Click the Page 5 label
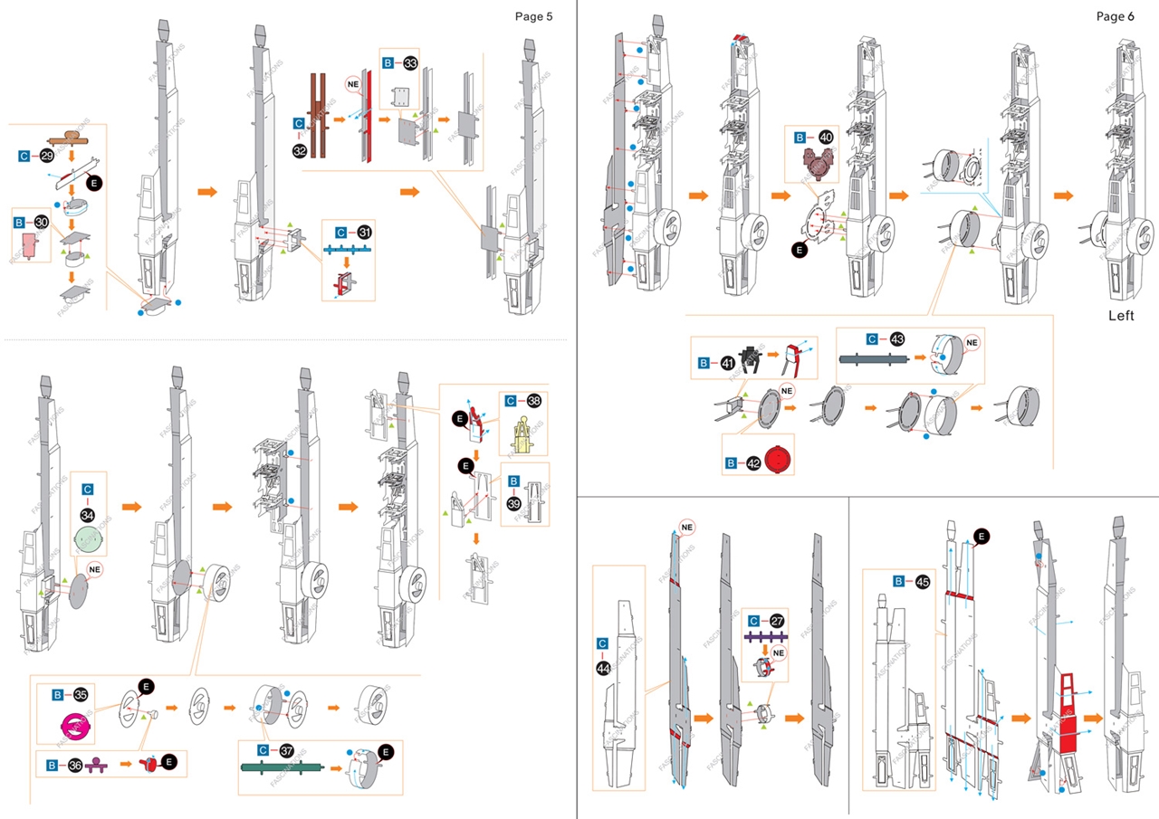tap(533, 15)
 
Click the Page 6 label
tap(1115, 15)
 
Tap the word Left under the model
tap(1121, 316)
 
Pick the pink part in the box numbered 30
tap(31, 243)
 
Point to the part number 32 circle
tap(299, 149)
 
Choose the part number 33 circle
tap(410, 63)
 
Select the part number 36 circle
tap(76, 766)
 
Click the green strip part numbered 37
tap(281, 768)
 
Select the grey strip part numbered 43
tap(875, 358)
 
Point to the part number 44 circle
tap(603, 668)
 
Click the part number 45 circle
tap(922, 582)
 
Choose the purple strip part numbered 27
tap(764, 638)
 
